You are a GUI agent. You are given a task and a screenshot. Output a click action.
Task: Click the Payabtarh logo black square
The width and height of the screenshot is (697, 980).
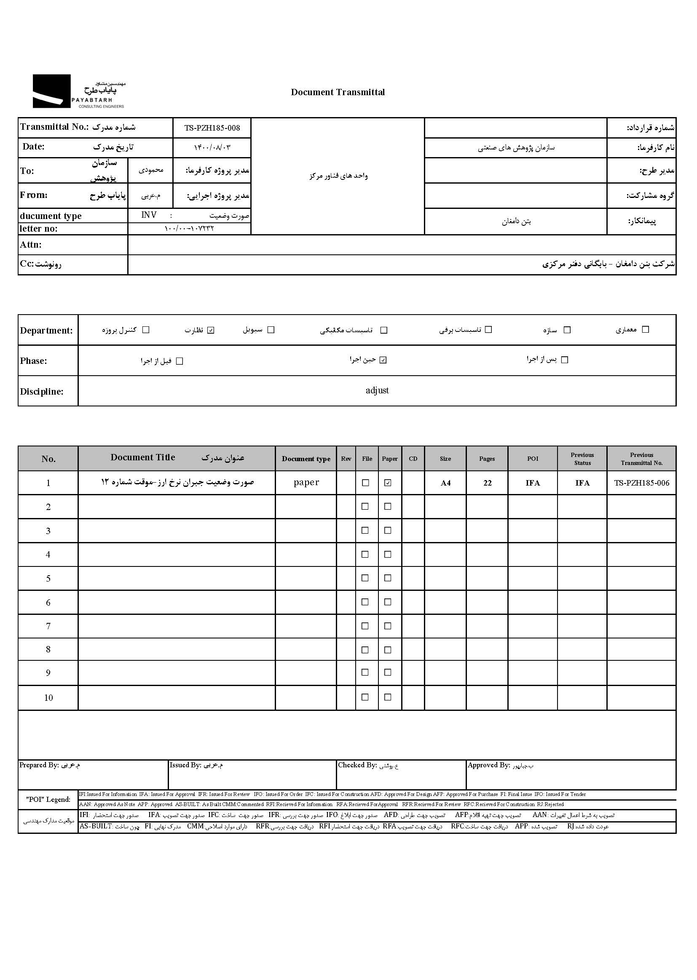[x=51, y=91]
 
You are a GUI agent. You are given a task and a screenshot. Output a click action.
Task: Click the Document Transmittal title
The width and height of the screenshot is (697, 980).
[x=338, y=92]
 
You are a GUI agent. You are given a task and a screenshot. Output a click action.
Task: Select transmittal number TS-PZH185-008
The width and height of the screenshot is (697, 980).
[x=212, y=128]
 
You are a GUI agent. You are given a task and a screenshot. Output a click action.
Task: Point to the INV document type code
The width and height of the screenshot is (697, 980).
[x=149, y=215]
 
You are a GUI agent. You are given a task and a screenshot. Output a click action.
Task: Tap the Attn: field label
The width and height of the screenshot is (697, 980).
[x=30, y=245]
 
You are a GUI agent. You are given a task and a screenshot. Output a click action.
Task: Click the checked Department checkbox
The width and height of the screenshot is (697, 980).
[x=211, y=330]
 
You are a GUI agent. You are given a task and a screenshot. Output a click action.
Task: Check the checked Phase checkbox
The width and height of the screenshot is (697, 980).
[x=383, y=360]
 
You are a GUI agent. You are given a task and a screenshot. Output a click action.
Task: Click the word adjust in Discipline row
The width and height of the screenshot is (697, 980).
[x=377, y=391]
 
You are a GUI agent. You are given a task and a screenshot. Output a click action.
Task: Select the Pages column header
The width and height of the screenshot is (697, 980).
[x=487, y=459]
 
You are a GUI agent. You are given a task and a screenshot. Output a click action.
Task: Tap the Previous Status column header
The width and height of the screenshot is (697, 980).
[x=582, y=459]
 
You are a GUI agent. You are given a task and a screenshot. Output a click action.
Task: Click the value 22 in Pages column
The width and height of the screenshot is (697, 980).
[x=487, y=483]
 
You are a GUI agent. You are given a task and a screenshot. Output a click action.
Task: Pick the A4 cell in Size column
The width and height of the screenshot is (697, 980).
[x=445, y=483]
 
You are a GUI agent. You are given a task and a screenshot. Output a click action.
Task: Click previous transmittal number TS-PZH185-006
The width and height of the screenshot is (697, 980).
[x=641, y=483]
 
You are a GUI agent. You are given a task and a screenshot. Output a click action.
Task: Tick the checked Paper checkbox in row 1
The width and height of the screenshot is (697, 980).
[x=388, y=483]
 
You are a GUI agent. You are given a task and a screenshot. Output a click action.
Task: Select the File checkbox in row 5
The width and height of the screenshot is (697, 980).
[x=365, y=578]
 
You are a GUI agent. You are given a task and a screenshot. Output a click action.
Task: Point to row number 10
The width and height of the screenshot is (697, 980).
[x=48, y=698]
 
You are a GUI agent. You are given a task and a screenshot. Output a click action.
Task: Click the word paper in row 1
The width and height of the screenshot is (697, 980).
[x=306, y=483]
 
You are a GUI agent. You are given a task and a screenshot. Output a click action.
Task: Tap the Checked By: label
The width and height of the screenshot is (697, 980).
[x=357, y=765]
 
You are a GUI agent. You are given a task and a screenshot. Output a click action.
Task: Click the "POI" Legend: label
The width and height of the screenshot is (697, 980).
[x=48, y=799]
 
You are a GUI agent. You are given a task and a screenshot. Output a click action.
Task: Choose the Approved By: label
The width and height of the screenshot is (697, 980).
[x=488, y=765]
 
